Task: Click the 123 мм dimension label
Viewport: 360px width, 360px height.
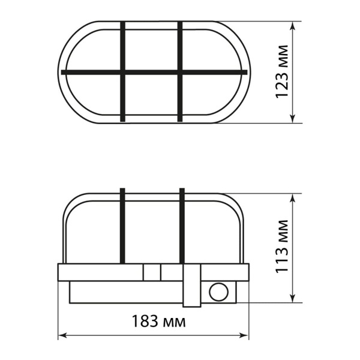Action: point(282,72)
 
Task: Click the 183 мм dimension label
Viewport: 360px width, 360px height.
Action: point(158,321)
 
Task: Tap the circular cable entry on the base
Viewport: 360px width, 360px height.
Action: point(219,292)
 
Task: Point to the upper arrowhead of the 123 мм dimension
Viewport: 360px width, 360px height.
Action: point(293,26)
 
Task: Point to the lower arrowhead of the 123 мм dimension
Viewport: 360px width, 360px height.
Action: point(293,118)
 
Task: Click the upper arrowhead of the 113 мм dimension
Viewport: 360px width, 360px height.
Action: point(293,198)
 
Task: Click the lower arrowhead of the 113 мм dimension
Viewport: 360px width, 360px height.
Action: point(293,298)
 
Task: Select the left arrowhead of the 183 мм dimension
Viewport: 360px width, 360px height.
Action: point(62,335)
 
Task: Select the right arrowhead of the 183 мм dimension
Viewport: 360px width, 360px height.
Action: point(244,335)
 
